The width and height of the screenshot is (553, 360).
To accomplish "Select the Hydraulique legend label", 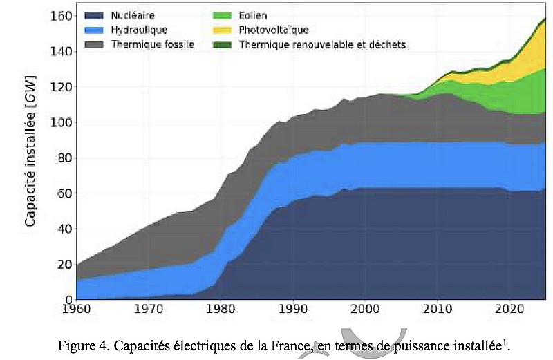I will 139,30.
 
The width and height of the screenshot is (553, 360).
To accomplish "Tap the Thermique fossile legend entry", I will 152,44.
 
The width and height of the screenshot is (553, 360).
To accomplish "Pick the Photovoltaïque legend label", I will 274,30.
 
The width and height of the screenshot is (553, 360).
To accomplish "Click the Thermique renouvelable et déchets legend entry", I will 322,44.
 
